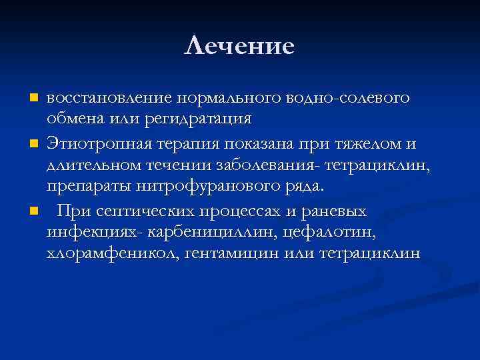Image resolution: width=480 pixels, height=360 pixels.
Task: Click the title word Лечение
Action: [239, 46]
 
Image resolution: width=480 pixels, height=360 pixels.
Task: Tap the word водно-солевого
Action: [353, 99]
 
